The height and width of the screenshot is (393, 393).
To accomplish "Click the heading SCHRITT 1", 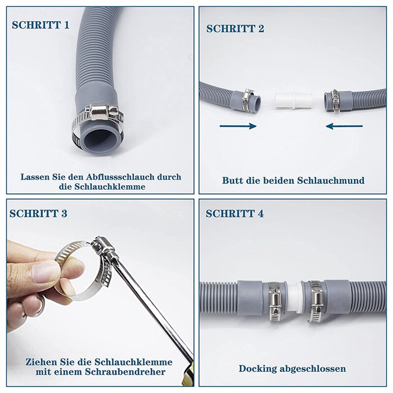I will click(x=40, y=25).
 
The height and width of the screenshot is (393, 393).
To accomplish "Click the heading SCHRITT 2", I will click(x=235, y=28).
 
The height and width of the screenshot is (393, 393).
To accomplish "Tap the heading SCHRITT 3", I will click(x=38, y=213).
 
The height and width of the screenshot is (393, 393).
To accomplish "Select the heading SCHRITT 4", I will click(x=234, y=213).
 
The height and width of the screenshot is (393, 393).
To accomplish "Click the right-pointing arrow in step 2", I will click(x=238, y=126).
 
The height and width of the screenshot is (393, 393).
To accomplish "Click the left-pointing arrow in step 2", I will click(x=344, y=126).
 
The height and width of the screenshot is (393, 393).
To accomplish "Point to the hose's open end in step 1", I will click(x=98, y=140).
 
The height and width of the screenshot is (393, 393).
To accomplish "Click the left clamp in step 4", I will click(x=273, y=302).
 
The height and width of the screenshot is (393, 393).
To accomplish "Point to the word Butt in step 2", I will click(x=230, y=180).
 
